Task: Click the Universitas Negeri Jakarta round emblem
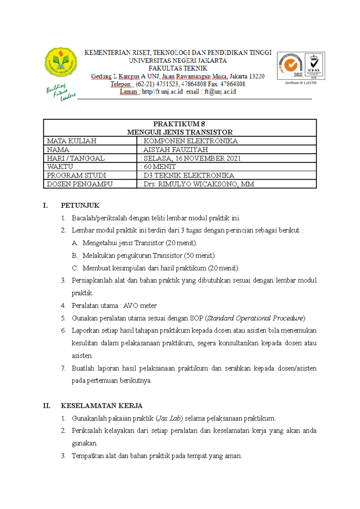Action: (61, 62)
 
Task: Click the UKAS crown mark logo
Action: (314, 66)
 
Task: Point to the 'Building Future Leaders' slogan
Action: (61, 92)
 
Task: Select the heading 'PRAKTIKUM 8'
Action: (179, 124)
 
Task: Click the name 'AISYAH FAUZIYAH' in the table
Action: (175, 150)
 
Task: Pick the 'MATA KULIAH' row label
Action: (72, 141)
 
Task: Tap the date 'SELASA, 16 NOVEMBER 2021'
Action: (192, 158)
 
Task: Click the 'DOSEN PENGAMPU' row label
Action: (80, 184)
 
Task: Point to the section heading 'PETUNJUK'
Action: (80, 206)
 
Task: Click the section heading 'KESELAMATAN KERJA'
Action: (101, 406)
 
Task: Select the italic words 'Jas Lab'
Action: (169, 418)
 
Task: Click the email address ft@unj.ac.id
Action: (220, 92)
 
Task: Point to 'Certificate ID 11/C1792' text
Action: (301, 83)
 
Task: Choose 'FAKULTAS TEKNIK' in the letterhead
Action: (178, 68)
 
